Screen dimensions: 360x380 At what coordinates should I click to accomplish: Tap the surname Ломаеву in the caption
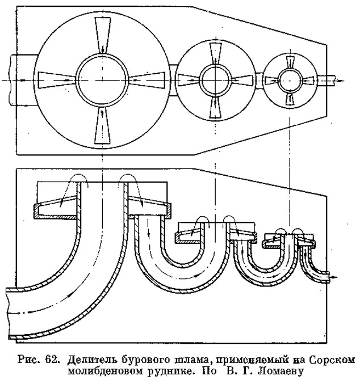coord(281,371)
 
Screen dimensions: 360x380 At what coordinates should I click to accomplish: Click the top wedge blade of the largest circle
coord(103,35)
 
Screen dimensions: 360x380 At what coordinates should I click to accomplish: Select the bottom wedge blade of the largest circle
coord(103,125)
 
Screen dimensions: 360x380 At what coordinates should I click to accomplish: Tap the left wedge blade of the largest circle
coord(57,80)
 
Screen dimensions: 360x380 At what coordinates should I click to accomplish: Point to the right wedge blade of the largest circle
coord(147,80)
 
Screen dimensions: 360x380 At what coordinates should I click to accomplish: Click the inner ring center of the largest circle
coord(102,80)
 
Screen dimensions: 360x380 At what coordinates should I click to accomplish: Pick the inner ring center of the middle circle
coord(215,80)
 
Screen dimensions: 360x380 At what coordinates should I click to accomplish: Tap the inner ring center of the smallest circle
coord(290,80)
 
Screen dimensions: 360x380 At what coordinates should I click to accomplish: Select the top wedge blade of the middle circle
coord(215,53)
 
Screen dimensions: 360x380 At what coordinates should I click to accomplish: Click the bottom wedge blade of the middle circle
coord(215,107)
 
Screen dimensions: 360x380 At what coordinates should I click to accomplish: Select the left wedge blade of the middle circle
coord(189,80)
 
